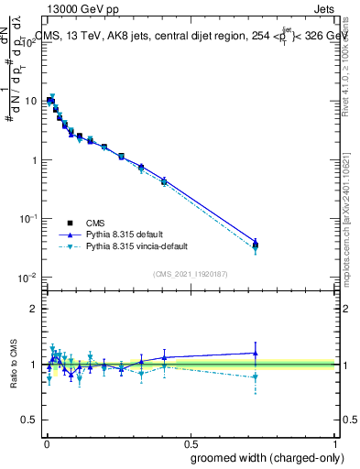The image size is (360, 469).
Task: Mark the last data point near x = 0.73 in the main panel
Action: [x=256, y=245]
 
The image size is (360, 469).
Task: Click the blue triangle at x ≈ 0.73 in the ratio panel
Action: [x=256, y=353]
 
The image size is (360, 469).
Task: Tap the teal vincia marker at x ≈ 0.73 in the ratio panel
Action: [x=256, y=376]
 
